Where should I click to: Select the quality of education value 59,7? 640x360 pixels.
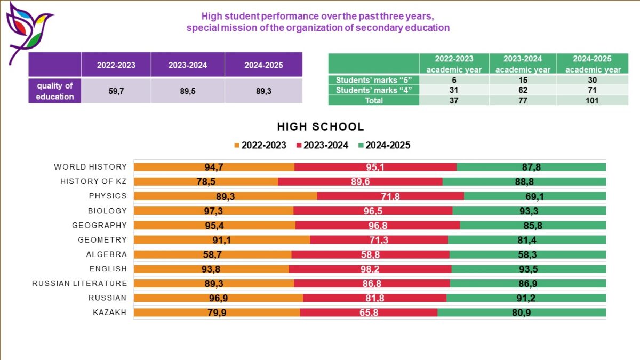pos(116,91)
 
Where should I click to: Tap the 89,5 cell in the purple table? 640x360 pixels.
pos(188,91)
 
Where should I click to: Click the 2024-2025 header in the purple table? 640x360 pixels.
pos(263,65)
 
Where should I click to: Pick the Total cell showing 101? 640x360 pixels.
pos(593,100)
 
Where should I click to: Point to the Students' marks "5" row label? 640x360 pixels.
pos(374,81)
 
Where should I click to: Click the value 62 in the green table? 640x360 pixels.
pos(522,90)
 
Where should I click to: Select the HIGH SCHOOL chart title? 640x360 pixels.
pos(321,127)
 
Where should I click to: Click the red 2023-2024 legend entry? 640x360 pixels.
pos(322,145)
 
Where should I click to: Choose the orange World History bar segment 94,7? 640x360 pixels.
pos(214,167)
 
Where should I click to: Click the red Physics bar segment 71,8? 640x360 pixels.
pos(390,196)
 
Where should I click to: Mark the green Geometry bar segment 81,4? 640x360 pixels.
pos(527,240)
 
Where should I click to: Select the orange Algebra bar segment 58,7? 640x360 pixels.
pos(212,254)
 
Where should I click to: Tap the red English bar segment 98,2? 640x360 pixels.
pos(370,269)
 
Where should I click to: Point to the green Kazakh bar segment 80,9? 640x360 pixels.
pos(522,313)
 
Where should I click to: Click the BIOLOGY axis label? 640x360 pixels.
pos(107,211)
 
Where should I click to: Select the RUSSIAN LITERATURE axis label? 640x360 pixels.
pos(79,283)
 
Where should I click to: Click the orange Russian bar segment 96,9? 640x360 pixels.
pos(218,298)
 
